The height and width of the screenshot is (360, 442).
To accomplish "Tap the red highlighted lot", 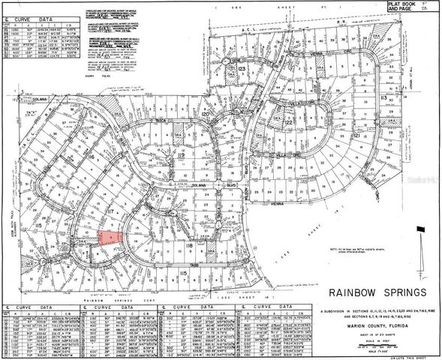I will [x=110, y=238].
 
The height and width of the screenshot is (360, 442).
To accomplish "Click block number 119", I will [x=181, y=156].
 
